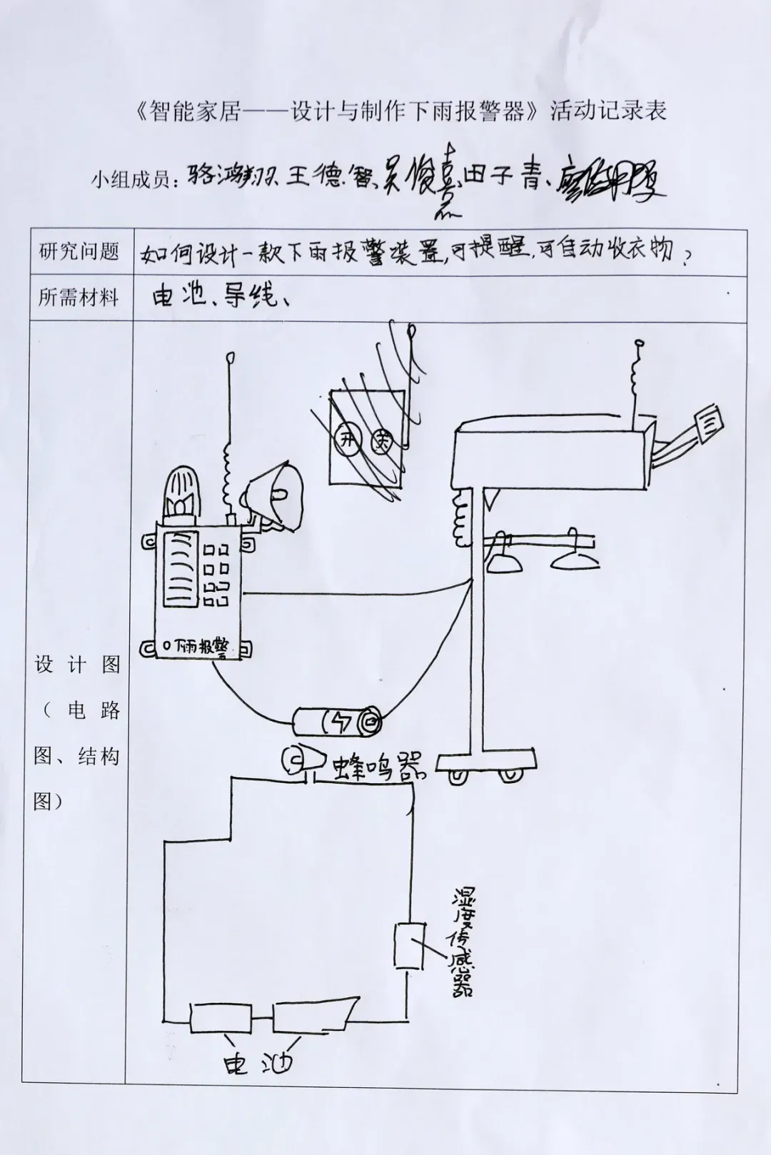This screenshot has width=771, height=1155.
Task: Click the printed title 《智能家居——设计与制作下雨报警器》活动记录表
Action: tap(400, 111)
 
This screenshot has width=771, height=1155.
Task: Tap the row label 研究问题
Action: tap(79, 252)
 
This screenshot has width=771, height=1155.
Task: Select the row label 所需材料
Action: tap(79, 297)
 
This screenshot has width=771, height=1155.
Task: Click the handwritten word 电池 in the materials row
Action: tap(178, 296)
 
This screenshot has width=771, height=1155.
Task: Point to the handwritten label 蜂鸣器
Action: tap(378, 767)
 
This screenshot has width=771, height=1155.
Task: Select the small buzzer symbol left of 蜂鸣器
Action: tap(296, 761)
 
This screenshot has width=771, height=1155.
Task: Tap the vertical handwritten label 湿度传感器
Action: tap(459, 942)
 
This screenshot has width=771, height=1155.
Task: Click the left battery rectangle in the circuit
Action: tap(221, 1017)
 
